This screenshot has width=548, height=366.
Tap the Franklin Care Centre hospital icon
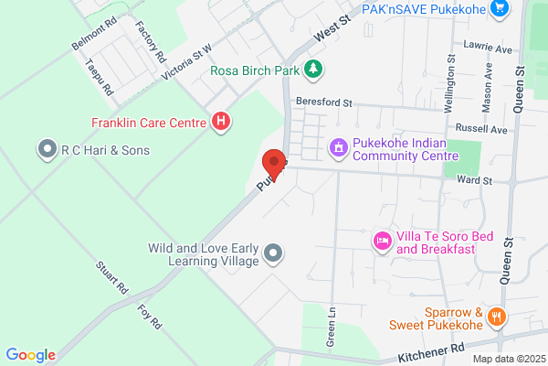click(220, 121)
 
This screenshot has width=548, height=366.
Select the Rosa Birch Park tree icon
click(313, 69)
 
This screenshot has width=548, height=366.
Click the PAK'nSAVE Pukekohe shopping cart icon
click(499, 9)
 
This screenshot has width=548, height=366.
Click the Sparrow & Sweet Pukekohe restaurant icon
click(498, 316)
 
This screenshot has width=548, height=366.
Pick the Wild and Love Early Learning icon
click(272, 253)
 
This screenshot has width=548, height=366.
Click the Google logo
click(30, 355)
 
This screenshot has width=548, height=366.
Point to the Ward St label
click(475, 181)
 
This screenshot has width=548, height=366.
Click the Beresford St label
click(323, 103)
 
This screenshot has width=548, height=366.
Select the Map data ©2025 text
click(507, 358)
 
